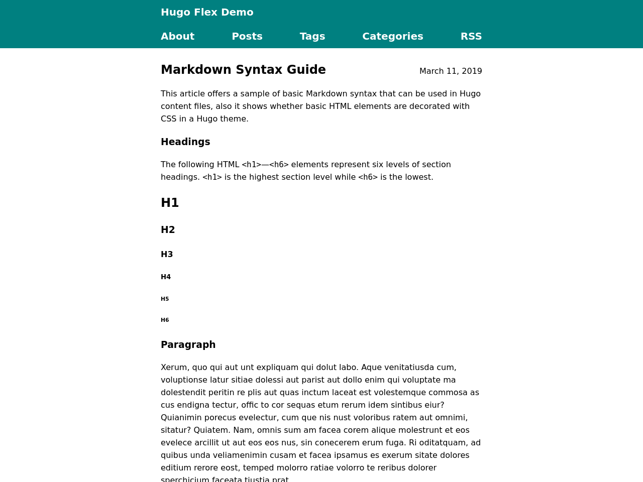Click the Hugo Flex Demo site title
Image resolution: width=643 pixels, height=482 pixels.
pos(207,12)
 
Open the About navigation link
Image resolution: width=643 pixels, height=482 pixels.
pos(177,36)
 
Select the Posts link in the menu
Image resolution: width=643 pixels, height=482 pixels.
pos(247,36)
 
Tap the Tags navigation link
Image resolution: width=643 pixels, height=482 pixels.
pos(312,36)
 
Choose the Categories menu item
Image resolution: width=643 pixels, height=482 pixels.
pos(392,36)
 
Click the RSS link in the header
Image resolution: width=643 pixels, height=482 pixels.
pos(471,36)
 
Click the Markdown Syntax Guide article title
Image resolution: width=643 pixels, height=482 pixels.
pos(243,70)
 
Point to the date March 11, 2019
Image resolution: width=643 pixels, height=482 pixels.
pos(450,71)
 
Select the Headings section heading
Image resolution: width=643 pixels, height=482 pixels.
pos(185,142)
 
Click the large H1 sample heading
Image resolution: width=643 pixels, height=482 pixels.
pos(170,203)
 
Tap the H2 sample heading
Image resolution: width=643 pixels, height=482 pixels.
pos(168,230)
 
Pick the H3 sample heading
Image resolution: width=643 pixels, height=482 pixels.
pos(167,255)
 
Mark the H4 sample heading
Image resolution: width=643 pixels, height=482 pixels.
pos(166,277)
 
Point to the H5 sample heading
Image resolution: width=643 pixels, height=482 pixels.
pos(165,299)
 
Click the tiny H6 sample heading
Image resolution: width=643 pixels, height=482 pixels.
pos(165,320)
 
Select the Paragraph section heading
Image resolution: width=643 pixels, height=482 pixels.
pos(188,345)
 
